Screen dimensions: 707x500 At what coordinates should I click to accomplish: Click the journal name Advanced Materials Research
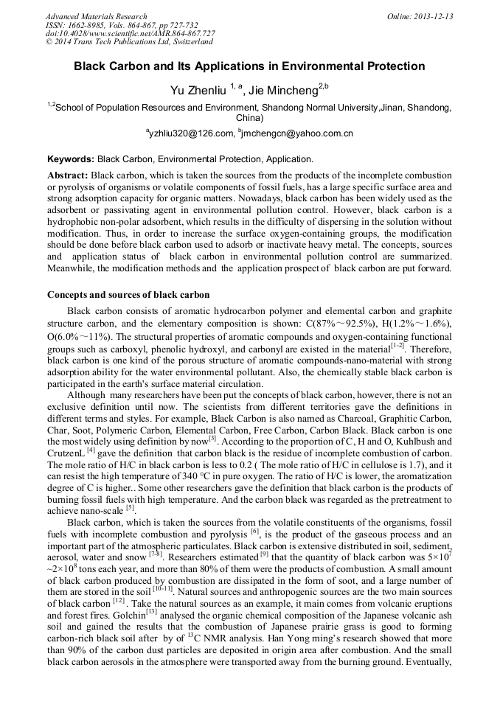pos(96,16)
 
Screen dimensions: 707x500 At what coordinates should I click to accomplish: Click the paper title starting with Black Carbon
pos(249,66)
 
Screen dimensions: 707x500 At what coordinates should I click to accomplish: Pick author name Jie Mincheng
pos(283,90)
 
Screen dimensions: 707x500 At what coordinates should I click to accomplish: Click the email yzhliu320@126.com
pos(190,133)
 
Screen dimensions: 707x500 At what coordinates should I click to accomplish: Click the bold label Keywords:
pos(71,159)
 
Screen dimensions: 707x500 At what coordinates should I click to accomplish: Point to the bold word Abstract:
pos(68,175)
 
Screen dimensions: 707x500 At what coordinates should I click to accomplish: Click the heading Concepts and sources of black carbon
pos(128,295)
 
